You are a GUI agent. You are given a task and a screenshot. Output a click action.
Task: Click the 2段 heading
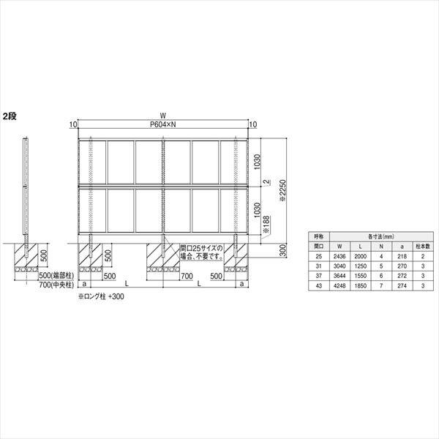click(x=10, y=116)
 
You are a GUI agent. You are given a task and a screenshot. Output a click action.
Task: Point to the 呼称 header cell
click(x=317, y=236)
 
